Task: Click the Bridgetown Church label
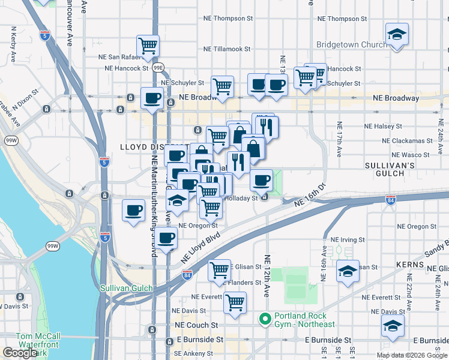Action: [x=351, y=45]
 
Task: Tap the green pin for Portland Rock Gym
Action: [x=264, y=319]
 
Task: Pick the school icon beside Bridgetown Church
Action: [x=397, y=35]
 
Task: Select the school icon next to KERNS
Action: [x=348, y=271]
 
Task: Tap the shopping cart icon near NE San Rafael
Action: [x=148, y=45]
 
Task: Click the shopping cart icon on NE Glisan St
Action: [x=219, y=270]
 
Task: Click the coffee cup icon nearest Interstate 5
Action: [x=133, y=211]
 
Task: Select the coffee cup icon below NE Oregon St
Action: [x=167, y=238]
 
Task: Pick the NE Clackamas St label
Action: [x=408, y=141]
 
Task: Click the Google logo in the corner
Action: [x=20, y=353]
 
